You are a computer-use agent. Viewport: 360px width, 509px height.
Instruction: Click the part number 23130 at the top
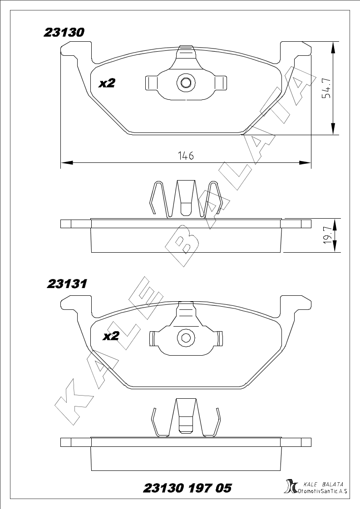coord(64,33)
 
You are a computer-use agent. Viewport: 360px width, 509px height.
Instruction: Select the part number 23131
coord(67,284)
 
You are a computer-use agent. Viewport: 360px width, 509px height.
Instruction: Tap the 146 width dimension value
coord(186,156)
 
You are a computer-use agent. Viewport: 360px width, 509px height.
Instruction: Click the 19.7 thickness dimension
coord(329,235)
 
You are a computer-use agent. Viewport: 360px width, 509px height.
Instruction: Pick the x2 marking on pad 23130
coord(107,83)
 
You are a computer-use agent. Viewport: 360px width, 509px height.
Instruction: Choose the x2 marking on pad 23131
coord(111,336)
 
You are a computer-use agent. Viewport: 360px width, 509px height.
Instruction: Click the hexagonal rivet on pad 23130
coord(186,83)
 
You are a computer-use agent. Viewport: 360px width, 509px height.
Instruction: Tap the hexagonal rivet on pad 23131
coord(186,338)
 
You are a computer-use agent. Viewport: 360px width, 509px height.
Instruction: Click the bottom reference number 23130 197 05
coord(187,488)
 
